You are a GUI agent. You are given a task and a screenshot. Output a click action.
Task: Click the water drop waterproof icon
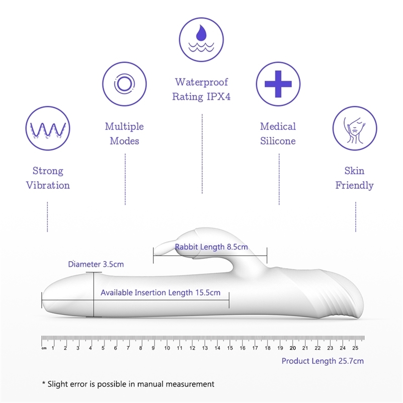coord(201,40)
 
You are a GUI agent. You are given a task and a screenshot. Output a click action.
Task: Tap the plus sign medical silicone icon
coord(278,84)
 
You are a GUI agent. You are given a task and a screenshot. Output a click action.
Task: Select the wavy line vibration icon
coord(48,128)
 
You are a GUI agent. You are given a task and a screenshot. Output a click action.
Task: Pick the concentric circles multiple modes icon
coord(124,84)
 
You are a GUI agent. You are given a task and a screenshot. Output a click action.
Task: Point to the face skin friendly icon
coord(355,128)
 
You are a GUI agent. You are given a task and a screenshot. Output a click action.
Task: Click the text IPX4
coord(219,97)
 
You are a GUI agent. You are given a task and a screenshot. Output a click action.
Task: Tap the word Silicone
coord(278,141)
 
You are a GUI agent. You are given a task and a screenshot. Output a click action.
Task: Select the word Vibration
coord(48,185)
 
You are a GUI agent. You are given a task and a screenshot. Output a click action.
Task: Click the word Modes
coord(124,141)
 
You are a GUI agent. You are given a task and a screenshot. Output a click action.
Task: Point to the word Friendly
coord(354,186)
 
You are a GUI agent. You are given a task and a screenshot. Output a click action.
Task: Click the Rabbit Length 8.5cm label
coord(211,247)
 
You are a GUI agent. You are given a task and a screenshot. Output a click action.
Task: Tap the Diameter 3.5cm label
coord(96,264)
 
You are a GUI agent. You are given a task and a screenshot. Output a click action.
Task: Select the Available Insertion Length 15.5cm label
coord(160,293)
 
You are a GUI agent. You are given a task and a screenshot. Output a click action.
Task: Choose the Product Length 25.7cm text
coord(323,361)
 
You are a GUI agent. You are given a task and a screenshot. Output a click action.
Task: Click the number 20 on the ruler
coord(293,348)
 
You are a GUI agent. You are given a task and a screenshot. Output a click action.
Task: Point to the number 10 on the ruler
coord(167,348)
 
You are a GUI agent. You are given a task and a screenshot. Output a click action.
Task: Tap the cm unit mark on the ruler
coord(44,348)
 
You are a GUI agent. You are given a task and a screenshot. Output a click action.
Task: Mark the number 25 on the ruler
coord(355,348)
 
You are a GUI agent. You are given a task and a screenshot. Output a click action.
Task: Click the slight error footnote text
coord(128,384)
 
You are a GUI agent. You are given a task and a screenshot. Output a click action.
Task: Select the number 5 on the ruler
coord(103,348)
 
